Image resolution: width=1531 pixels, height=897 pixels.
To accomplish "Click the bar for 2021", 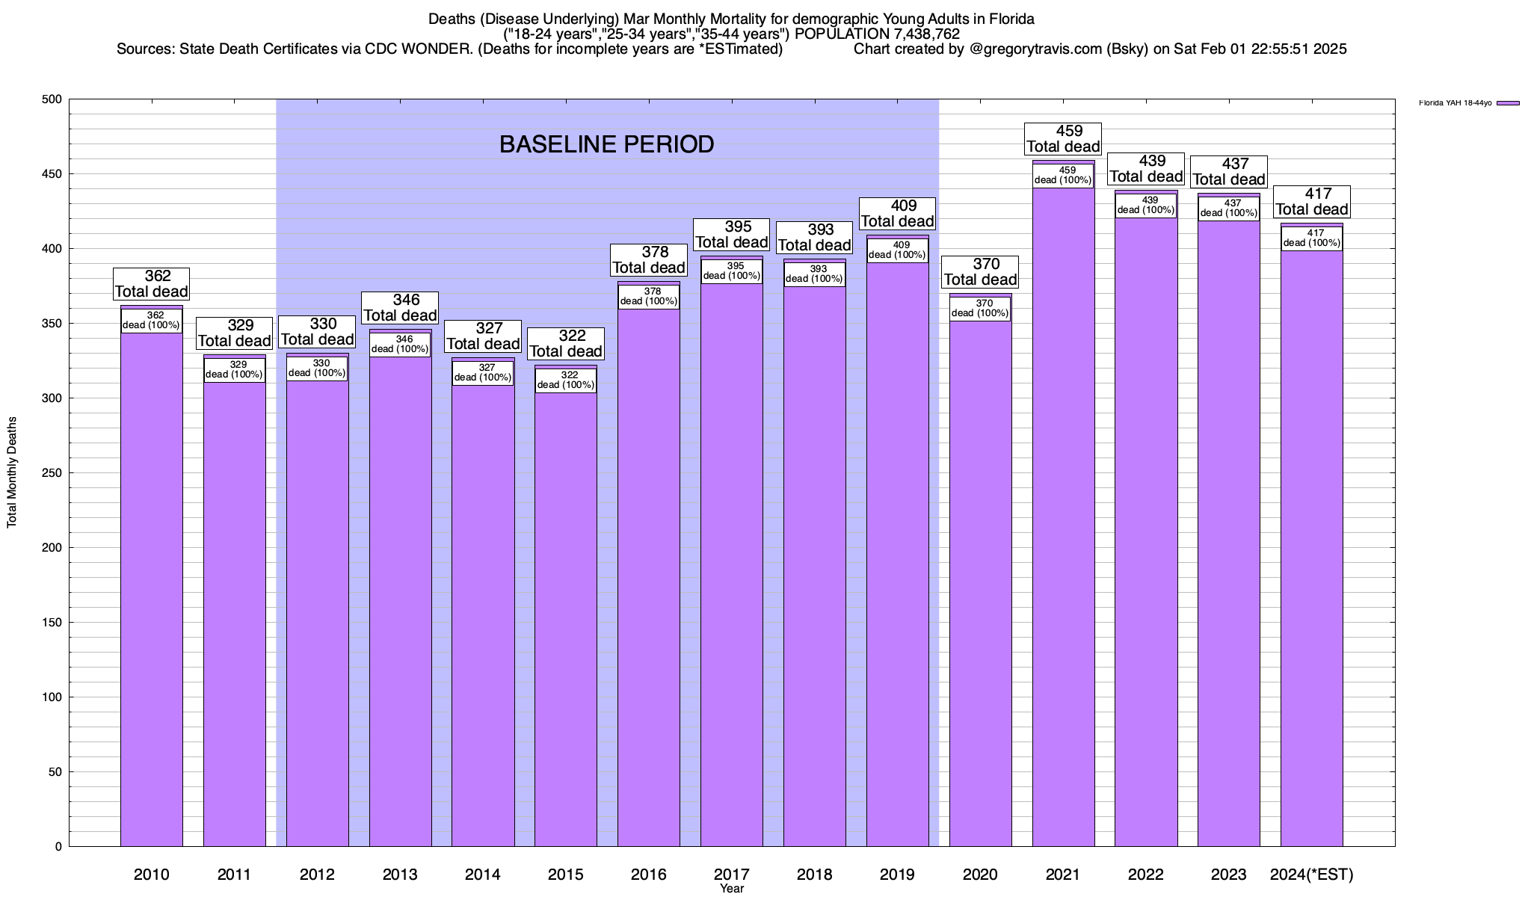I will tap(1063, 523).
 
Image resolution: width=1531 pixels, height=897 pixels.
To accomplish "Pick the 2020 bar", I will tap(980, 583).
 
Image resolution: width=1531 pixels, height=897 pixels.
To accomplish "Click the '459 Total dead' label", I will tap(1063, 139).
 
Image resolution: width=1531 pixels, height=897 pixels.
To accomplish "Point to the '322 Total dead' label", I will tap(566, 344).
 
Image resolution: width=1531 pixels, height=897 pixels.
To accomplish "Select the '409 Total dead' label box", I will tap(897, 214).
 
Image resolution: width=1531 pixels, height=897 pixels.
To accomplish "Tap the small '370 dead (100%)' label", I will tap(980, 308).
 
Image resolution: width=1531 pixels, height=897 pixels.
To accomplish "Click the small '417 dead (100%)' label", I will tap(1312, 238).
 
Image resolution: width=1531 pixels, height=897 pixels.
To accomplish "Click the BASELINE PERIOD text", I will tap(606, 144).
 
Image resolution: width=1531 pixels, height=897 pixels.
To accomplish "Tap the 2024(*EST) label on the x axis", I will tap(1312, 874).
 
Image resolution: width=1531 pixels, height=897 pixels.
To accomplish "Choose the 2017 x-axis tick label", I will tap(732, 874).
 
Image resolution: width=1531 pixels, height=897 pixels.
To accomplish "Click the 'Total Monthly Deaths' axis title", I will tap(12, 472).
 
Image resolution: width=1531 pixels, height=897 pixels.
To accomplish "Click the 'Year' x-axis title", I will tap(732, 889).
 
